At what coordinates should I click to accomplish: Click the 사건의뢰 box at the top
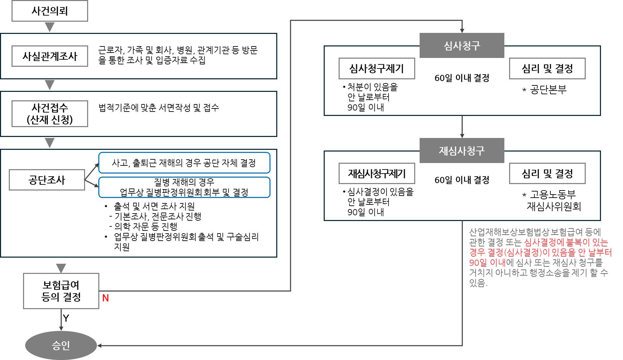50,11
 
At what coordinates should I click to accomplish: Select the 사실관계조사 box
50,56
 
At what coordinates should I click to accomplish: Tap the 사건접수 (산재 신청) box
50,114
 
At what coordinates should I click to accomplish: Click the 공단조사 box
47,180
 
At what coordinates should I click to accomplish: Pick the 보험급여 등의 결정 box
61,291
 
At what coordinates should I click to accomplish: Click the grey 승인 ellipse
61,345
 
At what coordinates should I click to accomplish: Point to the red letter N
105,298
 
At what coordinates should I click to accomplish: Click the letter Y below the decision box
66,318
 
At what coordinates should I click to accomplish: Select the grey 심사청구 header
462,45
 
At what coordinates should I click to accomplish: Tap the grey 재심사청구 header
462,151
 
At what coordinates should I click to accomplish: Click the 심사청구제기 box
377,68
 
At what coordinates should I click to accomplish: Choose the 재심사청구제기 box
377,174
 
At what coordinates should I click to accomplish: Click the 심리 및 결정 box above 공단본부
547,68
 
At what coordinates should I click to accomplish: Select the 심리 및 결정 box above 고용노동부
547,174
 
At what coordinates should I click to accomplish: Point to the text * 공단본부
544,90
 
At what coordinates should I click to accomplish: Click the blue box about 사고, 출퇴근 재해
184,163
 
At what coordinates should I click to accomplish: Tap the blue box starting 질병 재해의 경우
184,187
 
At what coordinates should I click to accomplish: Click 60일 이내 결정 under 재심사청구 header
462,180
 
